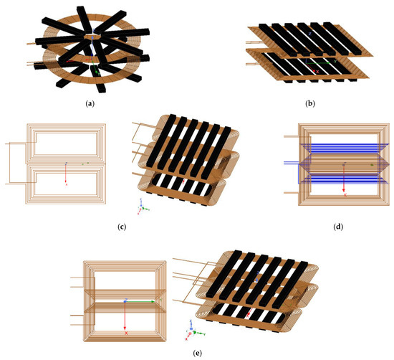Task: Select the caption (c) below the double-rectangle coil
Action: [x=122, y=227]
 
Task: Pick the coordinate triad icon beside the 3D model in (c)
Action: [x=143, y=209]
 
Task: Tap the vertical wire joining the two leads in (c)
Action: [x=8, y=164]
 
